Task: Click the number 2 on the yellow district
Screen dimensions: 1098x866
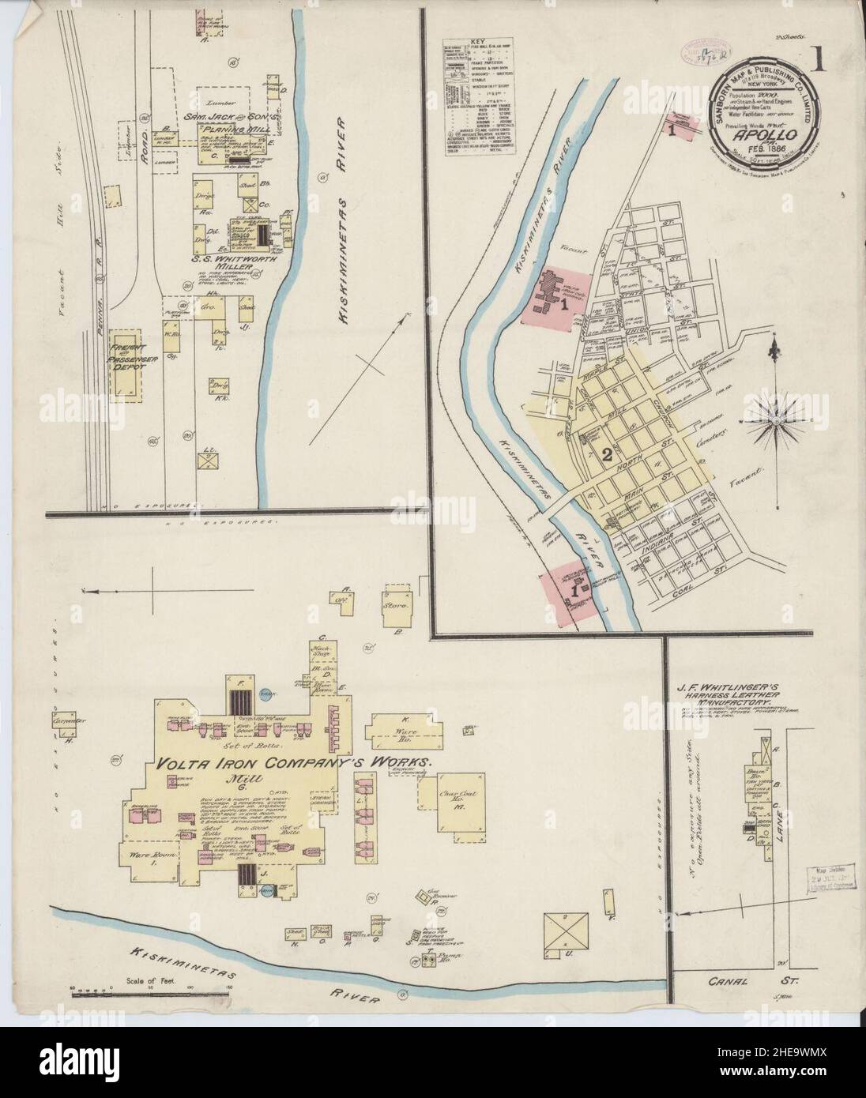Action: [x=607, y=454]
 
